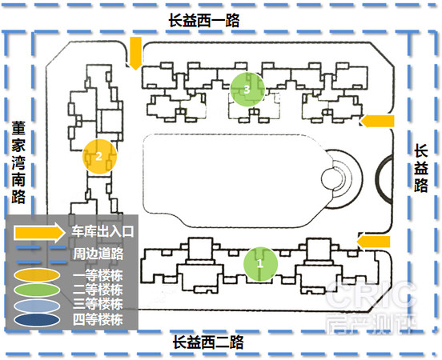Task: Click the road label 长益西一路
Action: (x=204, y=20)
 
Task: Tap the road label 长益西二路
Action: (x=208, y=342)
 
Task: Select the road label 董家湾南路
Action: (x=18, y=162)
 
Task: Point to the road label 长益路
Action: (x=421, y=168)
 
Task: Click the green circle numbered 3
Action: (x=247, y=90)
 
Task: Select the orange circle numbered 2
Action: (x=99, y=156)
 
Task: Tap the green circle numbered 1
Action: (x=260, y=264)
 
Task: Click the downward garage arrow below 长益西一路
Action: (x=135, y=53)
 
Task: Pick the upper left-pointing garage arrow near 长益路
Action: (x=377, y=121)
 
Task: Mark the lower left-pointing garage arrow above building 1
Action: (x=373, y=242)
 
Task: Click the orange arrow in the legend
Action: (x=39, y=233)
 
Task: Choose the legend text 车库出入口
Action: (x=102, y=231)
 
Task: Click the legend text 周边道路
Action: (x=98, y=254)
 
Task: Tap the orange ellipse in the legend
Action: (x=37, y=275)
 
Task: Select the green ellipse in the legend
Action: (x=37, y=290)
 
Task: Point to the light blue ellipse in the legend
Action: (x=37, y=306)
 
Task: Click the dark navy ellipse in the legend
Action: (x=37, y=319)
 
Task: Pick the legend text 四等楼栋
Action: (x=98, y=320)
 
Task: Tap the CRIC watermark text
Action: (x=372, y=294)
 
